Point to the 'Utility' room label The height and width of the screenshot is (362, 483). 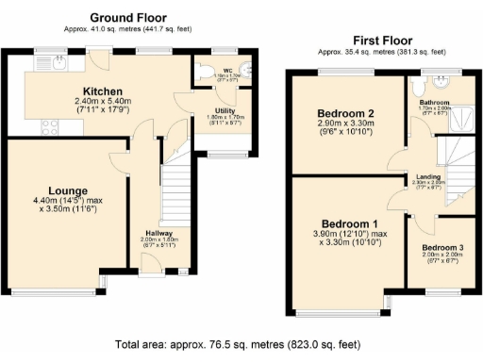click(212, 111)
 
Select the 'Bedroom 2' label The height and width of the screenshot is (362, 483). click(345, 113)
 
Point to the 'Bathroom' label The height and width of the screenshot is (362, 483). click(435, 103)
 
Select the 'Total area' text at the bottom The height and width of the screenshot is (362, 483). click(237, 345)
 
